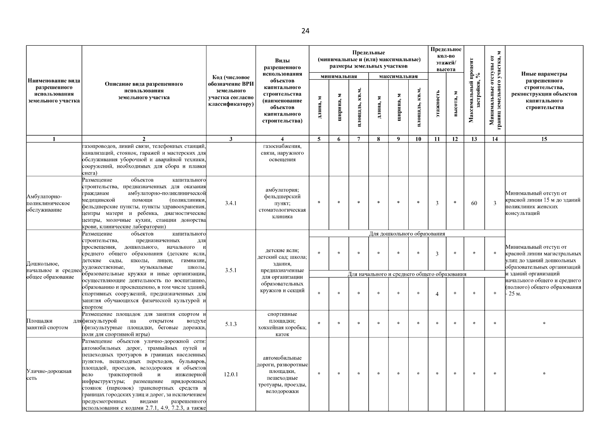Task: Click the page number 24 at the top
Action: coord(305,31)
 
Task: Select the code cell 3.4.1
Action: coord(231,203)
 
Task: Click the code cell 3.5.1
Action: coord(231,270)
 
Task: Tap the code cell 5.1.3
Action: coord(231,324)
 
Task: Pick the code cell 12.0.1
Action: coord(231,374)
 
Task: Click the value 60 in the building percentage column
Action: coord(474,203)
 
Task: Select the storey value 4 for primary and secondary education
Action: coord(437,294)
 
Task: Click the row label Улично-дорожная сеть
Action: coord(49,374)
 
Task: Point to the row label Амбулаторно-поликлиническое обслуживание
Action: coord(48,203)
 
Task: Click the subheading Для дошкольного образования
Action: coord(407,234)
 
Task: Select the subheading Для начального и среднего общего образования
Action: coord(407,274)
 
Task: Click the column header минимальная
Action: coord(338,76)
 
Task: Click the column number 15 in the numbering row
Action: coord(544,139)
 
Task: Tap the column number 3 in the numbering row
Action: coord(231,139)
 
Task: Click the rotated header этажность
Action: coord(437,104)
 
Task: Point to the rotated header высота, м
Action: coord(455,104)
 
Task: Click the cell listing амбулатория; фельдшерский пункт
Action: coord(282,203)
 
